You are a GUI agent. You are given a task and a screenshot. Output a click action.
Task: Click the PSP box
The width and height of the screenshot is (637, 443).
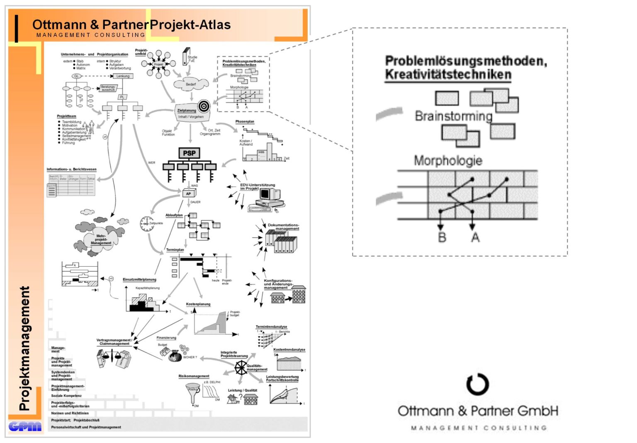click(x=189, y=153)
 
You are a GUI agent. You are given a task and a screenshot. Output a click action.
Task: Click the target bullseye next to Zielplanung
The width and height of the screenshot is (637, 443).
click(x=204, y=106)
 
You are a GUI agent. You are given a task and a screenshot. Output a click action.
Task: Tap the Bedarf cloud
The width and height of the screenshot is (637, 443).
click(x=191, y=84)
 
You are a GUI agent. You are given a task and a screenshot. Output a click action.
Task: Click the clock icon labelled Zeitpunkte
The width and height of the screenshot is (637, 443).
click(x=146, y=223)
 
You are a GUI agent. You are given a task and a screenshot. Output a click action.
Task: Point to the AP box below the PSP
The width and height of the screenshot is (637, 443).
click(x=188, y=193)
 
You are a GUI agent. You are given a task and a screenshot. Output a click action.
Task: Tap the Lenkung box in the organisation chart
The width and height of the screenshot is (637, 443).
click(x=123, y=76)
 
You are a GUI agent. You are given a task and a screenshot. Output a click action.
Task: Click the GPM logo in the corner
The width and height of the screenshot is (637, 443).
click(x=25, y=426)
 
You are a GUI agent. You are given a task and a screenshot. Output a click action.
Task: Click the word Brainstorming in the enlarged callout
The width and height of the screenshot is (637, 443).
click(x=453, y=116)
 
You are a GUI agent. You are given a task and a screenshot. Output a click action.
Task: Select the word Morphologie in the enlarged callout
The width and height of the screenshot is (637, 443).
click(x=448, y=161)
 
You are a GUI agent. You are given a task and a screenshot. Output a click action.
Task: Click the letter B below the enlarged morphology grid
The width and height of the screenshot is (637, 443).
click(x=442, y=237)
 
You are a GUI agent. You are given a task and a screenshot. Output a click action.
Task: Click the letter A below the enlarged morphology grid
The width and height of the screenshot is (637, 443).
click(x=475, y=237)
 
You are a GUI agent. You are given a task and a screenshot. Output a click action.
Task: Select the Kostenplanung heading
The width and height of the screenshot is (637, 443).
click(x=198, y=304)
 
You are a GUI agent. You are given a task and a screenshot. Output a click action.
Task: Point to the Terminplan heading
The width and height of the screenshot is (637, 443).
click(x=175, y=250)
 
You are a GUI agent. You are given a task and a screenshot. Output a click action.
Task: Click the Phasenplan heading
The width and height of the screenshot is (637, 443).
click(x=245, y=122)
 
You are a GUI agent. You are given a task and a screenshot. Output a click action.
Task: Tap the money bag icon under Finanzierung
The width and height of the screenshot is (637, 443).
click(x=175, y=355)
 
